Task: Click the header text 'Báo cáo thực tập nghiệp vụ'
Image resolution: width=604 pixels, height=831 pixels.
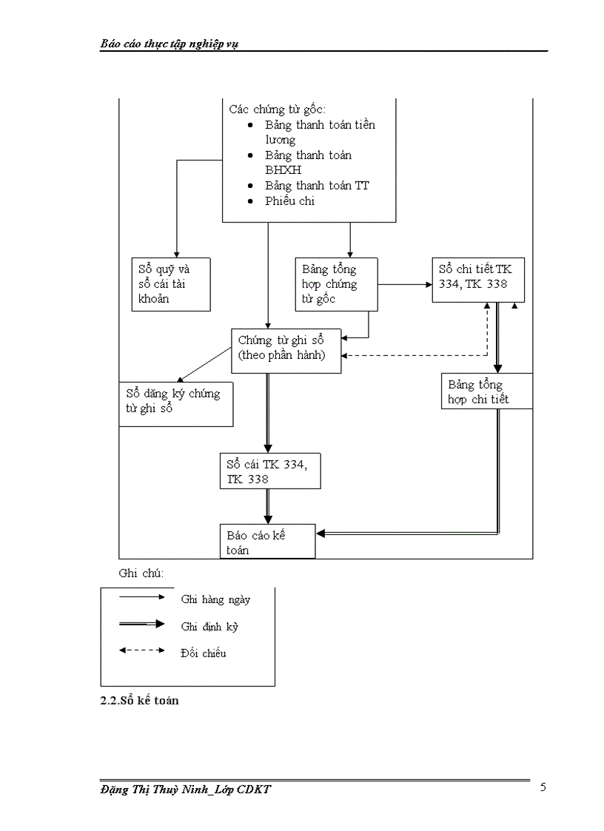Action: (x=169, y=44)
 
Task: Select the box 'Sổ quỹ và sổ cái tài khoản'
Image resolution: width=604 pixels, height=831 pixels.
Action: (x=170, y=284)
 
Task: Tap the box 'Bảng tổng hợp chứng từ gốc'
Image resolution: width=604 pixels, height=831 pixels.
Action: (x=336, y=283)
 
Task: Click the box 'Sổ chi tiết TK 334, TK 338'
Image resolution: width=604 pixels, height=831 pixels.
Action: (x=478, y=279)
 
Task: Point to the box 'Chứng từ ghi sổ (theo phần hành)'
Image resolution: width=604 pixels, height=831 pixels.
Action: (x=286, y=349)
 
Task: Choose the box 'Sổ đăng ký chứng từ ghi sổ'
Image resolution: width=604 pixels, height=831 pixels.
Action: (x=176, y=403)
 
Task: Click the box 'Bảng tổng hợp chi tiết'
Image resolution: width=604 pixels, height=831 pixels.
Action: (x=486, y=391)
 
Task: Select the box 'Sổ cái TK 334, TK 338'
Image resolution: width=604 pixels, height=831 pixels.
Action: (x=270, y=471)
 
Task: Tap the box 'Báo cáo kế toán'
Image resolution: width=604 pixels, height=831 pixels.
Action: (x=268, y=542)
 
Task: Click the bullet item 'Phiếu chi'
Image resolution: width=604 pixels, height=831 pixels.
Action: (x=289, y=201)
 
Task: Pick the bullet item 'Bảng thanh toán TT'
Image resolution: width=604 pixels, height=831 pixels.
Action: (x=317, y=186)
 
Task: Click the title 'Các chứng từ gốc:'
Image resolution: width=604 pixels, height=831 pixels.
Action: (x=277, y=109)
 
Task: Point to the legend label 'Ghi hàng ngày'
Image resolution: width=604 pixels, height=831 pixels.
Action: (x=215, y=599)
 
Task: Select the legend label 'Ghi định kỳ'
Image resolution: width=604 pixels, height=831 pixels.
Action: (x=209, y=627)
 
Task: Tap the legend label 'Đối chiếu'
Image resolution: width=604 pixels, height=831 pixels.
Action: (x=204, y=653)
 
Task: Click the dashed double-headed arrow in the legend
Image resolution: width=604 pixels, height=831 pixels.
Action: (x=141, y=651)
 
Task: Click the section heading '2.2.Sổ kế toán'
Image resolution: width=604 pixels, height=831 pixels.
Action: (x=139, y=700)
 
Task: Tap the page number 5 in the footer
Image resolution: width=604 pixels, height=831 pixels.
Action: (x=543, y=787)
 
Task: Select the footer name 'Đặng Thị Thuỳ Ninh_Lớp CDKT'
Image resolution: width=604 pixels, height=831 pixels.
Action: (x=186, y=790)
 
